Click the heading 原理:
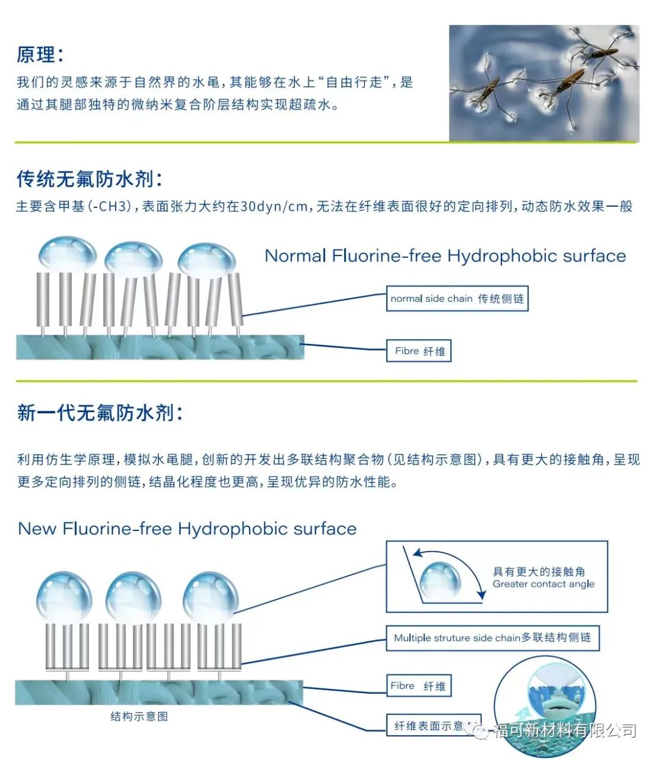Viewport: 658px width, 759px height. pos(40,55)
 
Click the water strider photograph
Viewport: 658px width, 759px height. pos(543,83)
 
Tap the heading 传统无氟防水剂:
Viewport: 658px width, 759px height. pos(90,179)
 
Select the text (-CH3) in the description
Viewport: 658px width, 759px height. pos(110,207)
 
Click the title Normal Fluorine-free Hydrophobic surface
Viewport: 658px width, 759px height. pos(445,256)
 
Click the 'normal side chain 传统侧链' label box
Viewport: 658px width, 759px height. pos(457,299)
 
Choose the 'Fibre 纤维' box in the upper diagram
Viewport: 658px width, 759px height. pos(419,351)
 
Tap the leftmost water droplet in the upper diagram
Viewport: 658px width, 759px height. pos(67,253)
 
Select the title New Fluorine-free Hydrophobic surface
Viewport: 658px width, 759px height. pos(187,529)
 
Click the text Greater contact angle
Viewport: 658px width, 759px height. pos(543,584)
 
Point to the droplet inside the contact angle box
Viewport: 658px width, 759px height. pos(440,580)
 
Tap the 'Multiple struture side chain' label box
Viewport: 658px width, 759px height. pos(492,638)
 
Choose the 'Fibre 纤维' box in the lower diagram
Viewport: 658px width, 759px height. pos(419,686)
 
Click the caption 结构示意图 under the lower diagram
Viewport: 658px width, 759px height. pos(139,716)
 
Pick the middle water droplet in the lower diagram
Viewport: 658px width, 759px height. pos(133,596)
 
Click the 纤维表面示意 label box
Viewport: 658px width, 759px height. pos(429,725)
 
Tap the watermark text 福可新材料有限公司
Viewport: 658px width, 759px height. pos(564,730)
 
